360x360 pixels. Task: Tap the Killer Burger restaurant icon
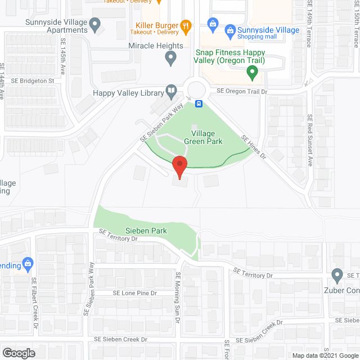pos(186,25)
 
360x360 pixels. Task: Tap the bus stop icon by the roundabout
pos(199,103)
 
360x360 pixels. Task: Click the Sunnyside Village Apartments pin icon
pos(95,25)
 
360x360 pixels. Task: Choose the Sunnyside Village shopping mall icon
pos(213,24)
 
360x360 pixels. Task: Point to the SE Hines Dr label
pos(254,147)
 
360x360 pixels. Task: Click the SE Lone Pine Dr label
pos(134,293)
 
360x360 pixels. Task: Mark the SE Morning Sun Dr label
pos(178,298)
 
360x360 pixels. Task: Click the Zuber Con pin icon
pos(337,275)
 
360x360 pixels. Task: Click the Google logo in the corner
pos(18,353)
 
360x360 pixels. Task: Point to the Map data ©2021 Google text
pos(325,355)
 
